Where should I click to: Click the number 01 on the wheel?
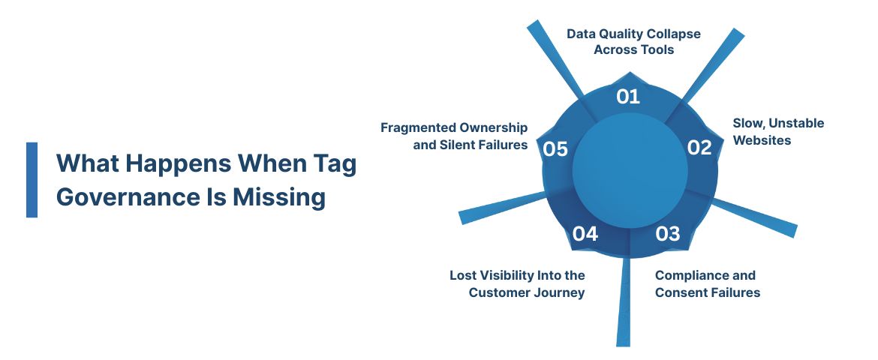tap(627, 96)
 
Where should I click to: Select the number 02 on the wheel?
tap(699, 148)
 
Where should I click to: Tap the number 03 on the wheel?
tap(667, 234)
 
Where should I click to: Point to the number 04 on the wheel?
tap(585, 234)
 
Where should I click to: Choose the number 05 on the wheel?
tap(555, 149)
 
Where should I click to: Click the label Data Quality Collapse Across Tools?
tap(633, 42)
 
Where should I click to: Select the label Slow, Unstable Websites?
tap(778, 131)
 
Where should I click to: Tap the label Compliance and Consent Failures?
tap(707, 283)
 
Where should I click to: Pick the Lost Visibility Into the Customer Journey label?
tap(517, 283)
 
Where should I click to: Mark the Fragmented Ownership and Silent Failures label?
tap(454, 136)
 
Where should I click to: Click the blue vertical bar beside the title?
tap(32, 180)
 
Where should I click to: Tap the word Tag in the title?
tap(335, 163)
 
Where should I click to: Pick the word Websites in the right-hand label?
tap(762, 140)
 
